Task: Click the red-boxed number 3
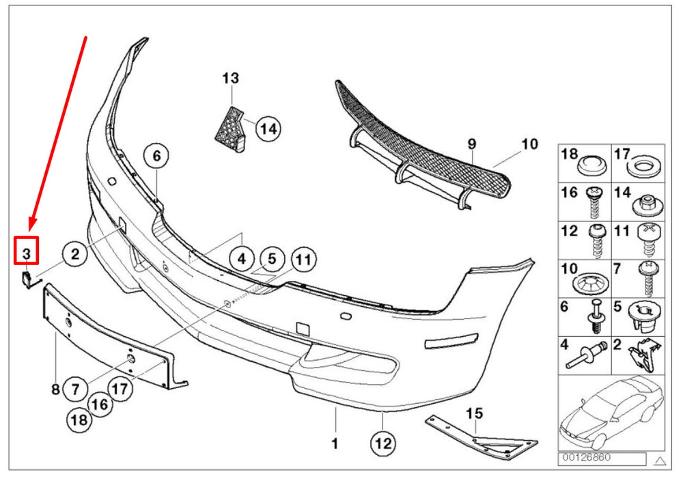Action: pyautogui.click(x=26, y=252)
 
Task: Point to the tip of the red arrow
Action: pyautogui.click(x=30, y=228)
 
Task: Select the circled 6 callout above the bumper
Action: pyautogui.click(x=156, y=156)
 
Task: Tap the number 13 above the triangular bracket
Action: pyautogui.click(x=231, y=79)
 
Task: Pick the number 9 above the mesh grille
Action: pyautogui.click(x=471, y=143)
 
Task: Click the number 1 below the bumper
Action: pyautogui.click(x=335, y=444)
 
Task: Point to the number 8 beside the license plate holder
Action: pyautogui.click(x=55, y=389)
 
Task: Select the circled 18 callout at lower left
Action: pyautogui.click(x=80, y=420)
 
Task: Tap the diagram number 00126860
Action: pyautogui.click(x=587, y=457)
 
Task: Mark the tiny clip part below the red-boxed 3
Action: pyautogui.click(x=25, y=278)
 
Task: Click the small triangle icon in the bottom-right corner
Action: pyautogui.click(x=659, y=458)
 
